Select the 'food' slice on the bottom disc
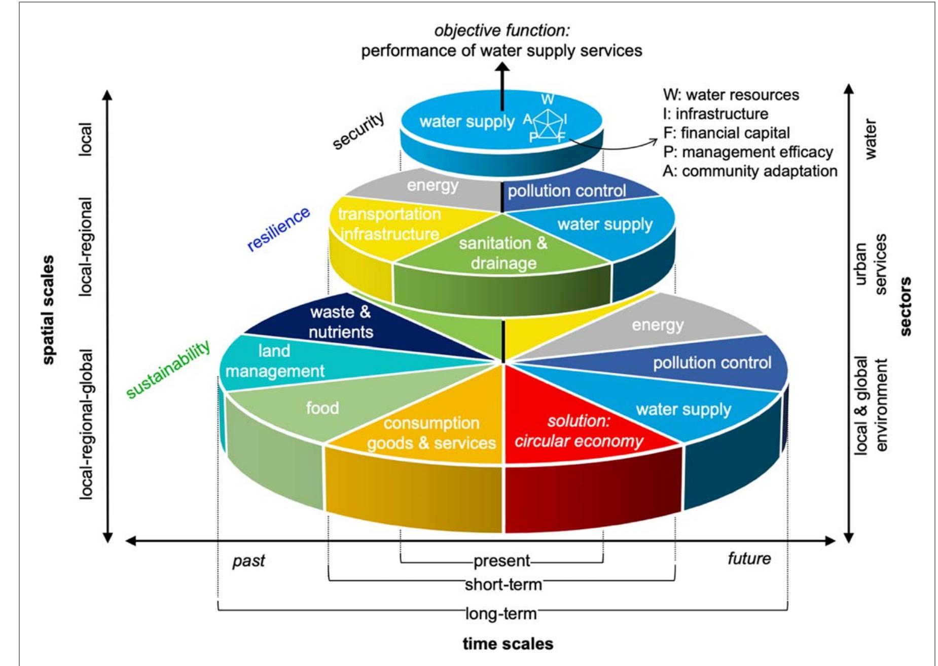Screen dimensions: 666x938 (x=322, y=408)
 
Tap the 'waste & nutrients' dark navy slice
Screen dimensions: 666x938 (x=341, y=322)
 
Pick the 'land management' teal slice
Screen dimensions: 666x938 (x=275, y=361)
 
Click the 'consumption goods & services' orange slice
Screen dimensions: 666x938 (x=431, y=433)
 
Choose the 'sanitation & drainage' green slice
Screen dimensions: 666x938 (x=503, y=253)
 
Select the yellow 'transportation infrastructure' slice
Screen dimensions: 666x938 (x=389, y=224)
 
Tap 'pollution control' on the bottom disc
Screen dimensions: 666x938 (x=711, y=363)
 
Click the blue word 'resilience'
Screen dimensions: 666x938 (x=278, y=229)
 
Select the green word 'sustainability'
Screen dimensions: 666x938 (x=168, y=369)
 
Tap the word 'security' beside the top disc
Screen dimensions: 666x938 (x=358, y=131)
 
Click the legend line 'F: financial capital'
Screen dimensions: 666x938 (x=726, y=133)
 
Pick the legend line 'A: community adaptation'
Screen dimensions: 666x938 (x=749, y=171)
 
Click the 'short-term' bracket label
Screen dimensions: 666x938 (x=503, y=585)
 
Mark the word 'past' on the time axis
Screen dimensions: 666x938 (x=248, y=561)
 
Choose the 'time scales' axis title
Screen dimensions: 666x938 (x=508, y=644)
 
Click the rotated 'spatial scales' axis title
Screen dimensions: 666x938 (x=48, y=310)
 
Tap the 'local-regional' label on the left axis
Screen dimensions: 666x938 (x=86, y=247)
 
